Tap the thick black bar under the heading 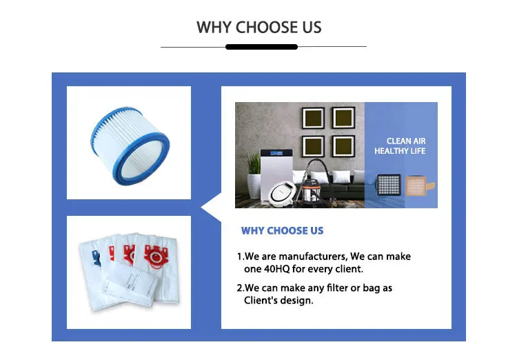click(261, 47)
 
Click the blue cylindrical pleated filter click(130, 146)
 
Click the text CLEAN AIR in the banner click(406, 141)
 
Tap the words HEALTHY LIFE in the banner click(400, 151)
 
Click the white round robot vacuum click(282, 192)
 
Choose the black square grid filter click(389, 184)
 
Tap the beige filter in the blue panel click(418, 186)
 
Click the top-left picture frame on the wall click(313, 118)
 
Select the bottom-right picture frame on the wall click(343, 146)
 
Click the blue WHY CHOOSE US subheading click(282, 230)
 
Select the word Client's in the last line click(260, 301)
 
